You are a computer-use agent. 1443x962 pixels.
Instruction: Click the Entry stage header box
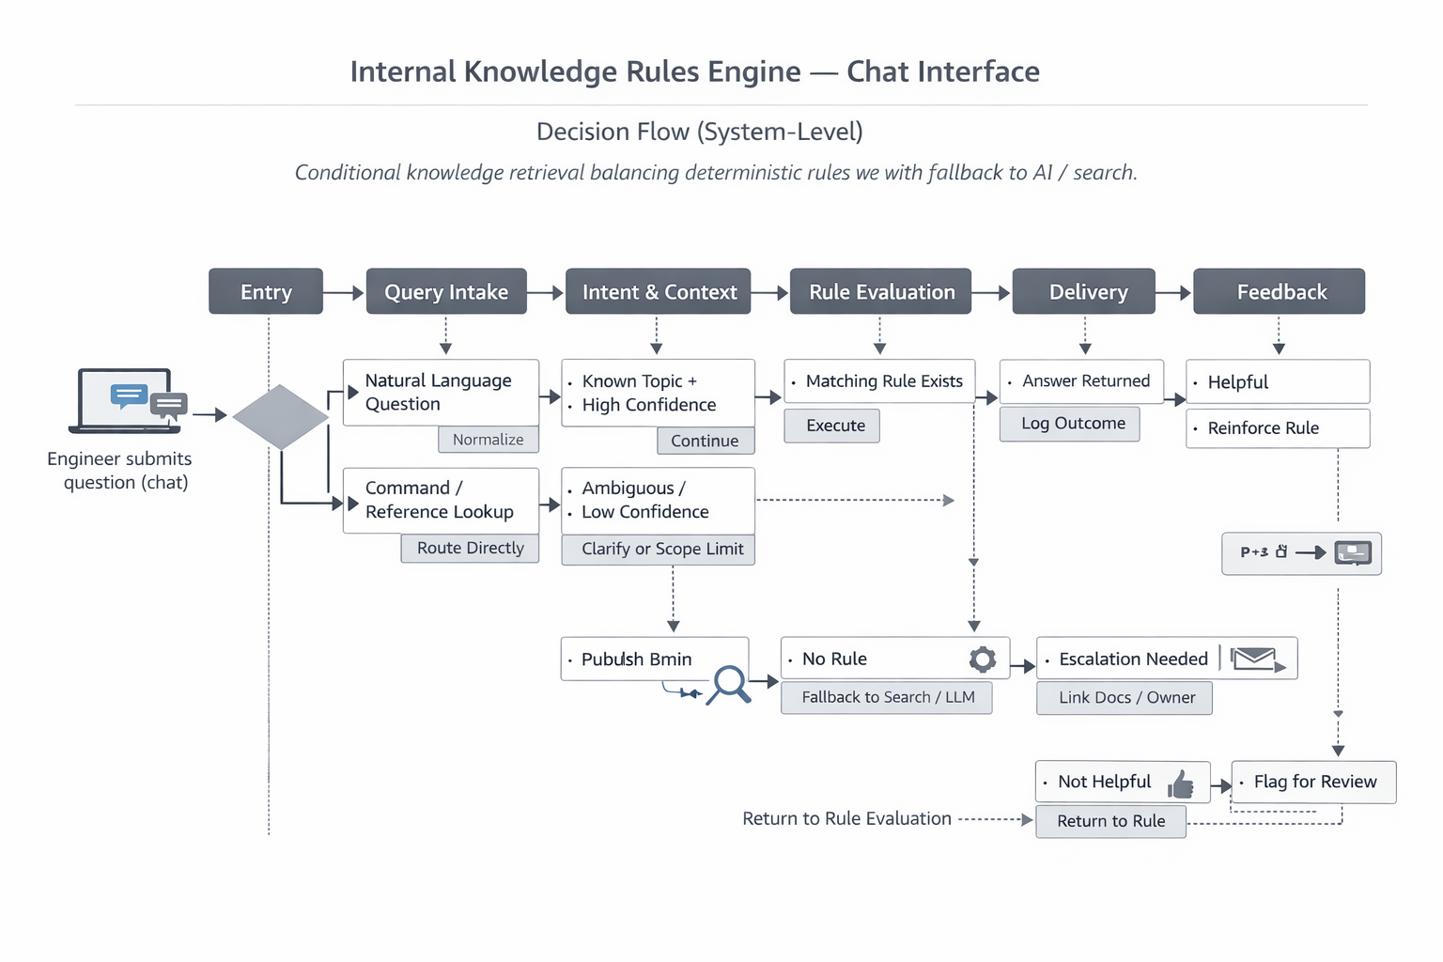(x=266, y=291)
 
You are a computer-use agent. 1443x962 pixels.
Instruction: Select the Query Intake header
(x=446, y=291)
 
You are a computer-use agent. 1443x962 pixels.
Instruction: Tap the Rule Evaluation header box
(x=881, y=291)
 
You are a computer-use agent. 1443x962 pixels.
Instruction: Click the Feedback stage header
(x=1279, y=291)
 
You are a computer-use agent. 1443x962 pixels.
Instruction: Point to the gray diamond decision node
(x=280, y=416)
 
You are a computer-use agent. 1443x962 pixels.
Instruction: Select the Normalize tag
(x=488, y=440)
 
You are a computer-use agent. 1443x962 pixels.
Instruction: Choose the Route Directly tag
(x=470, y=549)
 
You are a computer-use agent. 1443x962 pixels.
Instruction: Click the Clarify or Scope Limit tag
(x=661, y=550)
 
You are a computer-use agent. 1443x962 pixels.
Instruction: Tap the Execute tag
(x=834, y=426)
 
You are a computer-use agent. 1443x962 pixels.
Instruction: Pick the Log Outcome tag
(x=1072, y=424)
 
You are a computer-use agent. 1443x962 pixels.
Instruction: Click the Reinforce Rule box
(x=1277, y=428)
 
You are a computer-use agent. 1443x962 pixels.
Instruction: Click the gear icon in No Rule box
(x=983, y=659)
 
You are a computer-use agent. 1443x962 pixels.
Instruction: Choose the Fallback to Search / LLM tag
(x=887, y=697)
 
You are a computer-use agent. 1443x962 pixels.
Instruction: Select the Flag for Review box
(x=1313, y=782)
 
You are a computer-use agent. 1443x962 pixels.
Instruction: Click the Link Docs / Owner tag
(x=1125, y=698)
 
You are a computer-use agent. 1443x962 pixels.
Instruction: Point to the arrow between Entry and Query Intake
(x=344, y=293)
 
